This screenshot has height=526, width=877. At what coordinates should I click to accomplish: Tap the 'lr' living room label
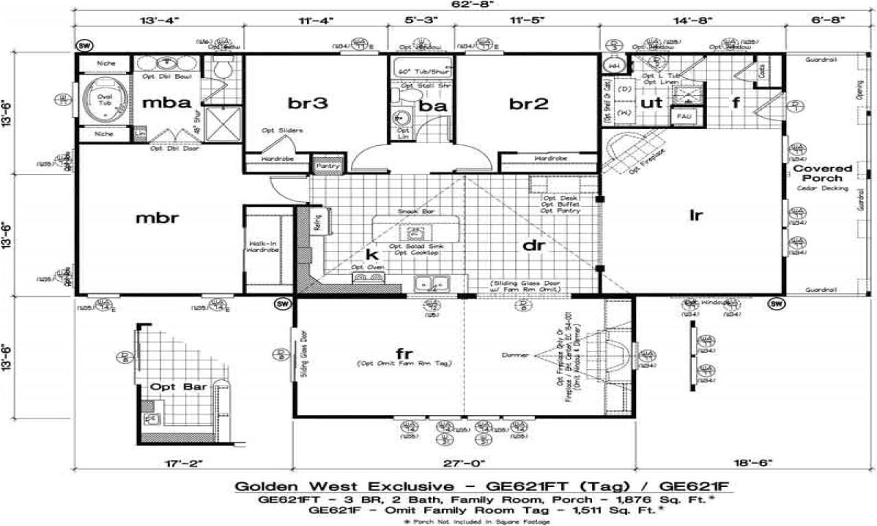695,215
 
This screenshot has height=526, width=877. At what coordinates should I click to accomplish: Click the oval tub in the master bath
105,101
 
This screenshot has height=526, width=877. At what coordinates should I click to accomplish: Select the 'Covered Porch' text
822,173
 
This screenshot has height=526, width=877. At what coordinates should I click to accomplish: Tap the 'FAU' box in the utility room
683,117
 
